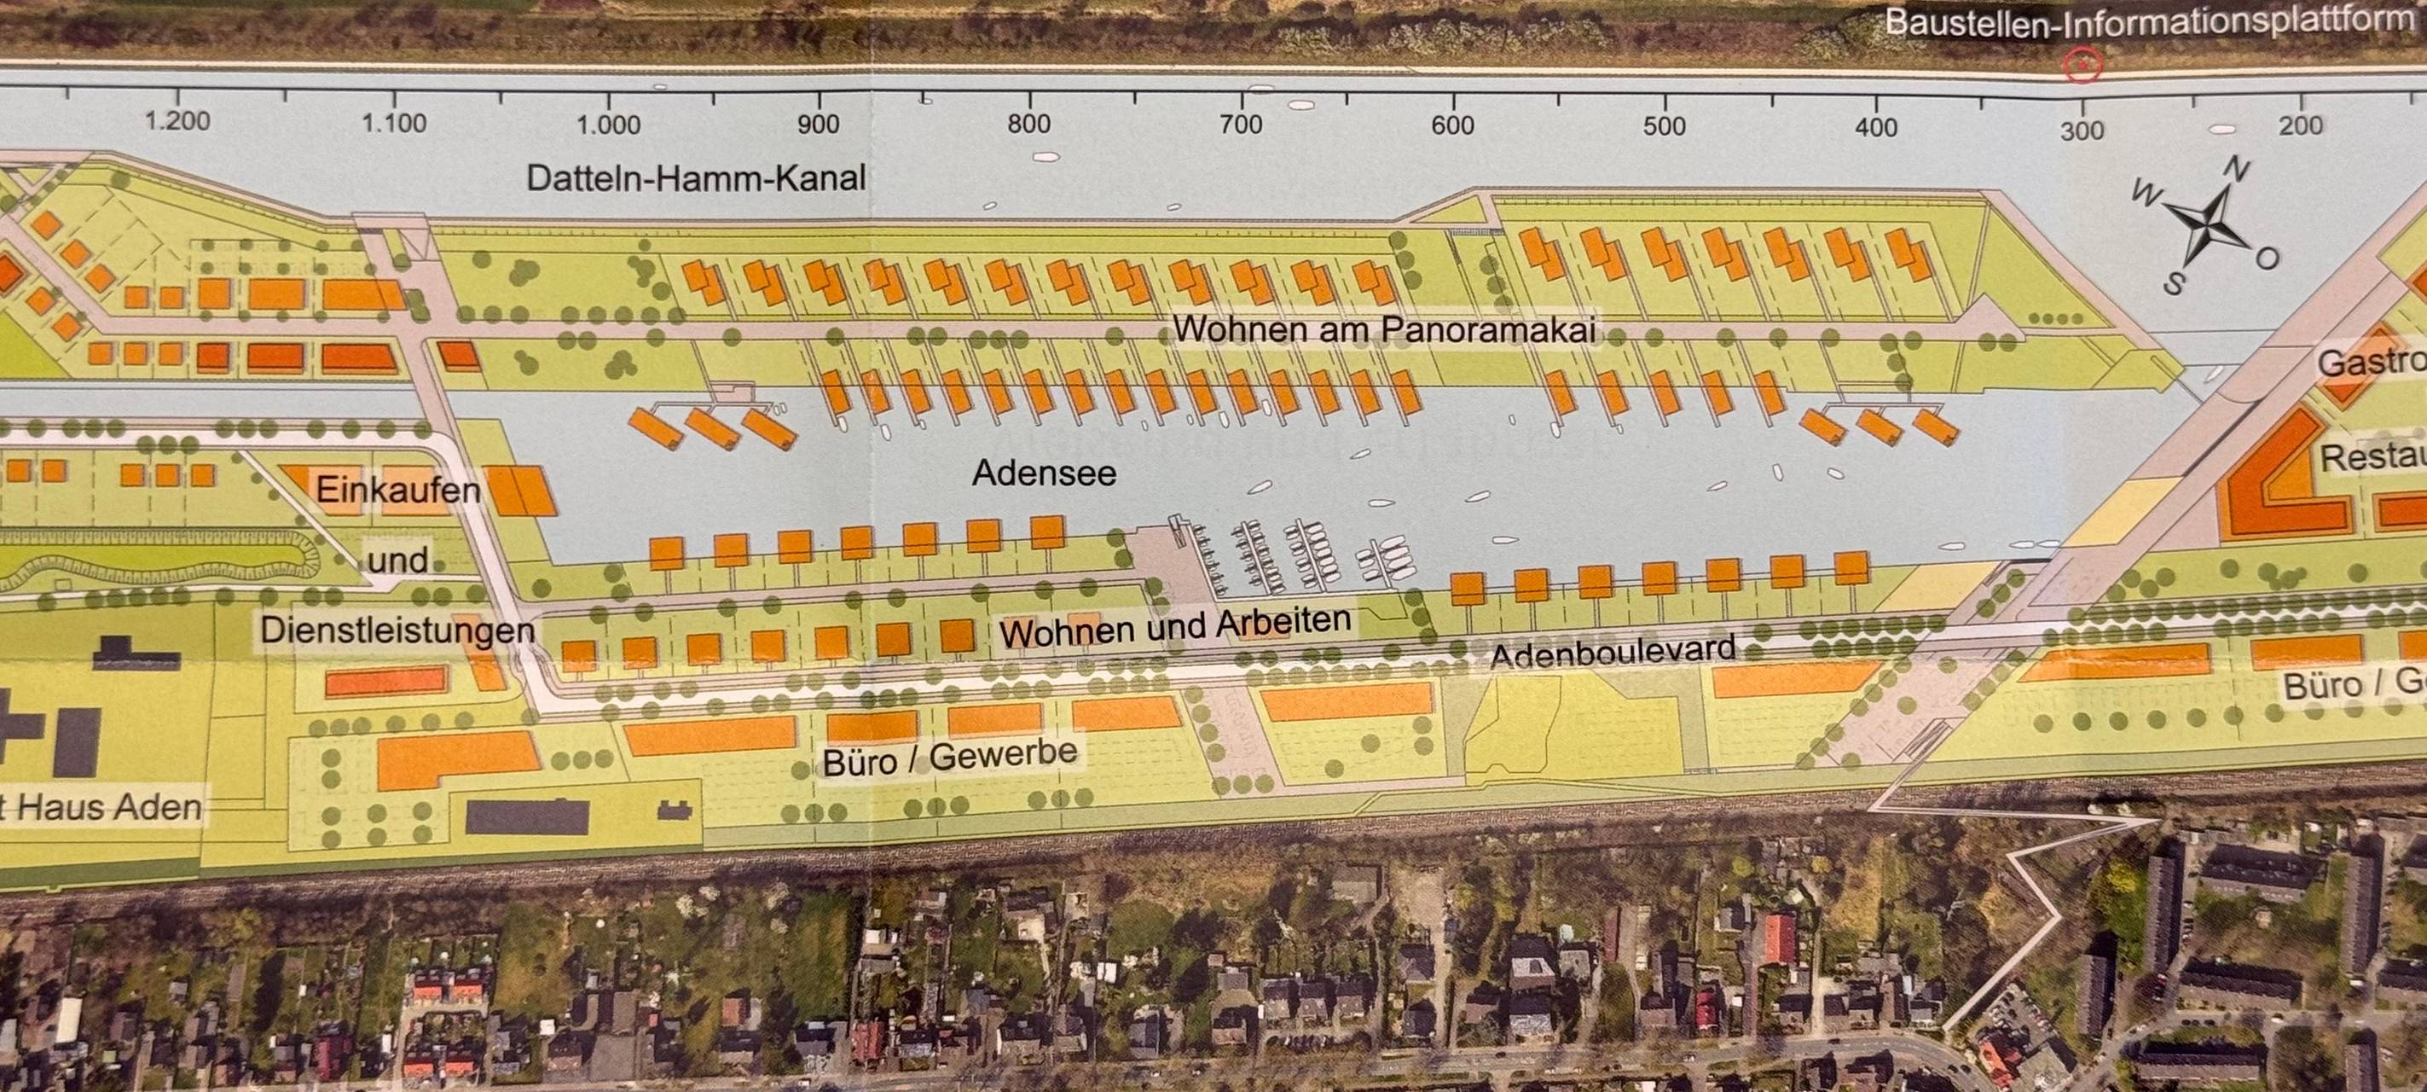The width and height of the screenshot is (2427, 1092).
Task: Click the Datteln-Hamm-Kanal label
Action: coord(695,178)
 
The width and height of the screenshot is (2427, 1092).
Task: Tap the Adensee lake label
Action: coord(1044,472)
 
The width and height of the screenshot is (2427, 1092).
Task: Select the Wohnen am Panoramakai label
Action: coord(1384,330)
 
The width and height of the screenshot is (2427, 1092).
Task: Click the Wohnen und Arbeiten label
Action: coord(1175,625)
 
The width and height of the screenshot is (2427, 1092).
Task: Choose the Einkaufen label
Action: coord(397,490)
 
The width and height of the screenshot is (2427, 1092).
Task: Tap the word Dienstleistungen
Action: coord(397,630)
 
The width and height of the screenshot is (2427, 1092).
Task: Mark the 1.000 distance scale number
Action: coord(609,125)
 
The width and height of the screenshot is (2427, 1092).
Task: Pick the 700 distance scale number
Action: coord(1241,124)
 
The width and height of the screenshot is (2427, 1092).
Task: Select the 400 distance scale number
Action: coord(1876,127)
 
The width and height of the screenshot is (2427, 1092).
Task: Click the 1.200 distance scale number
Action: coord(177,120)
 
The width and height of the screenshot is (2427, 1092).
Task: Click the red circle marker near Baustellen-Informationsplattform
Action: coord(2082,65)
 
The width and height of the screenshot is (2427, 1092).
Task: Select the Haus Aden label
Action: coord(108,807)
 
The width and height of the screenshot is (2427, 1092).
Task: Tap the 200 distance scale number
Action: coord(2301,126)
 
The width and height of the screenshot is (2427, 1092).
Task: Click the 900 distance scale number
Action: coord(818,125)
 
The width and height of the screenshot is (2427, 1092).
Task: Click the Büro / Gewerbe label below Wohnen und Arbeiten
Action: coord(950,757)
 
